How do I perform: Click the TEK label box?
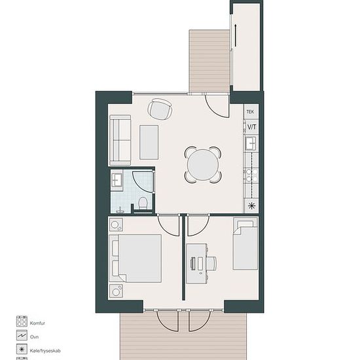click(x=251, y=111)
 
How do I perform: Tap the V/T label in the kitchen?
click(x=251, y=127)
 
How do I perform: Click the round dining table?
click(x=203, y=164)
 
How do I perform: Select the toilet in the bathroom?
click(x=143, y=203)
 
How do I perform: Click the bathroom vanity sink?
click(x=117, y=180)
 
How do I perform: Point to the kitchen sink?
click(x=251, y=143)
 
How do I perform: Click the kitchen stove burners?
click(x=251, y=175)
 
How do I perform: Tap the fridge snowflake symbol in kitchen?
click(x=251, y=206)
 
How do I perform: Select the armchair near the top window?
click(x=160, y=109)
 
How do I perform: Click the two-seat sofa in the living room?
click(x=120, y=140)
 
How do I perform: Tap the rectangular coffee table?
click(x=149, y=142)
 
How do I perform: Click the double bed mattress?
click(x=140, y=259)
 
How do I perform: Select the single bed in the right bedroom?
click(x=245, y=244)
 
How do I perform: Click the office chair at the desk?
click(x=211, y=263)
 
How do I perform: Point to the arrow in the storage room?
click(x=236, y=35)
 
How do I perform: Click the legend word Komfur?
click(x=37, y=323)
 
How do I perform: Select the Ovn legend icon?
click(x=22, y=335)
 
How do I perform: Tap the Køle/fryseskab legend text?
click(x=45, y=351)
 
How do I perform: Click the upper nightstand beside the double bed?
click(x=116, y=225)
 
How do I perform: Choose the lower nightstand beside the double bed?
click(x=116, y=291)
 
